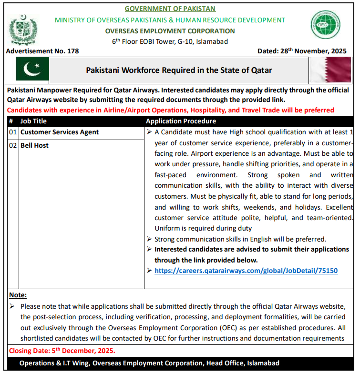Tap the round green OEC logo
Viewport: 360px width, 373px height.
tap(326, 25)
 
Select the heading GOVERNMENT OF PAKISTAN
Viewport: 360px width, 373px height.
tap(170, 9)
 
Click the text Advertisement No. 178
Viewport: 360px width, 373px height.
tap(43, 51)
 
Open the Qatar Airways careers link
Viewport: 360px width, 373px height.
tap(246, 271)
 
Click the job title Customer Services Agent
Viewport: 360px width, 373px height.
tap(60, 132)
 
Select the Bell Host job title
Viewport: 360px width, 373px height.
tap(34, 145)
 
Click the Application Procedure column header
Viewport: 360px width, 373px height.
tap(181, 121)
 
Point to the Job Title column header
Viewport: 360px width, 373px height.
tap(33, 121)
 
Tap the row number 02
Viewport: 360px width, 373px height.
tap(13, 145)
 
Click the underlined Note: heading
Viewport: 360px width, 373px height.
tap(18, 295)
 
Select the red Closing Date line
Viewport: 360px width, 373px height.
tap(62, 351)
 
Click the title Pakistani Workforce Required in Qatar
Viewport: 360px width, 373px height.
tap(179, 70)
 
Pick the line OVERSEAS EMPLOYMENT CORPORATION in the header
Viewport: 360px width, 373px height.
tap(170, 31)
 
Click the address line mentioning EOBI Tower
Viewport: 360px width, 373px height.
tap(170, 41)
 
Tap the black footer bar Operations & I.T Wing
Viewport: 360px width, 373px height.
tap(149, 363)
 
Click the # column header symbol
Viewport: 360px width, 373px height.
tap(11, 121)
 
